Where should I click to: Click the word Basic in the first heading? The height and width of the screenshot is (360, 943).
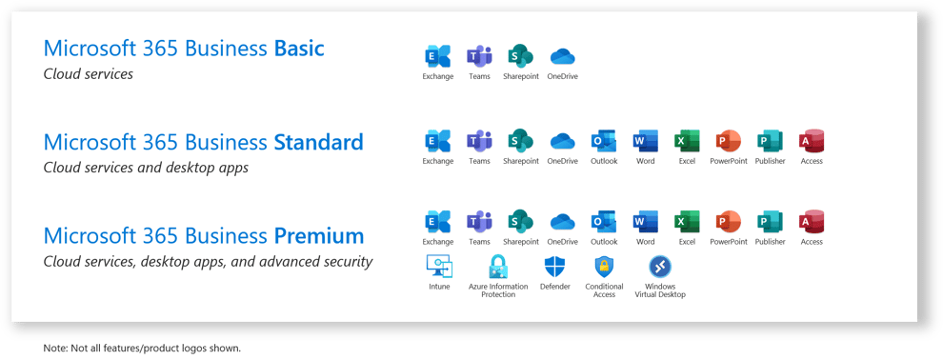[299, 49]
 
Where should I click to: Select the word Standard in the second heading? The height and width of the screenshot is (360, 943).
[318, 143]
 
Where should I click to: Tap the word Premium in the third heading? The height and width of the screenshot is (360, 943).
[319, 235]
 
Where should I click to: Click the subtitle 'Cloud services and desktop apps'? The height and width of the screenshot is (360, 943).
[146, 168]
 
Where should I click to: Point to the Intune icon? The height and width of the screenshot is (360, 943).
[439, 267]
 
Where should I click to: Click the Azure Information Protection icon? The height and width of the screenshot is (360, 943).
[497, 267]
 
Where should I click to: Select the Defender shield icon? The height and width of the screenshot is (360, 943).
[554, 267]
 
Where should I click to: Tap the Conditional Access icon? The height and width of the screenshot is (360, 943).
[604, 267]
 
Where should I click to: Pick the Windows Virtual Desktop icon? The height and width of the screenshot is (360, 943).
[660, 267]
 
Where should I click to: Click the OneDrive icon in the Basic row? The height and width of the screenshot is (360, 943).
[562, 56]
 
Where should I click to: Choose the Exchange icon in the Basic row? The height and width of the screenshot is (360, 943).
[438, 56]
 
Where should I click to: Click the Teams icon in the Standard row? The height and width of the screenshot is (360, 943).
[479, 141]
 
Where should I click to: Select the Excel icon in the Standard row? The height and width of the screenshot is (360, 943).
[687, 141]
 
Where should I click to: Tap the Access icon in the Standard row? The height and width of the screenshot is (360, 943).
[812, 141]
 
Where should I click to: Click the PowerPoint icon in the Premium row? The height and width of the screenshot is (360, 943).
[729, 222]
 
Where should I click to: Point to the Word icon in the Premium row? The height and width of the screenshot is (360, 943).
[645, 222]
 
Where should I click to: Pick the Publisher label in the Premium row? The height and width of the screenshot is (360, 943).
[771, 242]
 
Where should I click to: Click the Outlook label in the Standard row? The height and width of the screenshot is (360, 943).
[604, 161]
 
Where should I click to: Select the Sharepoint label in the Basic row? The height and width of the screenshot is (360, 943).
[521, 76]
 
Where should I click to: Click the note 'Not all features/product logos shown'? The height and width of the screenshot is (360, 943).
[143, 349]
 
